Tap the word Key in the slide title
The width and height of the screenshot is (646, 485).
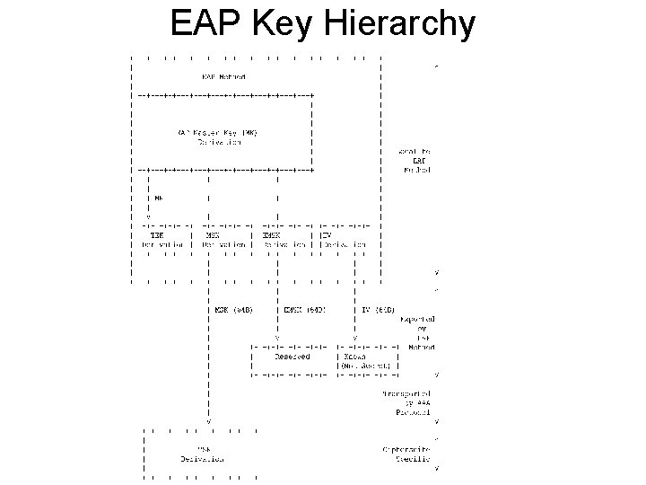(282, 24)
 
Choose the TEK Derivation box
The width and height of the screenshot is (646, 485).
(161, 240)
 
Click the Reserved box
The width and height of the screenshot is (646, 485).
(291, 357)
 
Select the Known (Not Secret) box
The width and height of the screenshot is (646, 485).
(362, 361)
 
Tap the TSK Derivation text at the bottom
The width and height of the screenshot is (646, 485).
(201, 454)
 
